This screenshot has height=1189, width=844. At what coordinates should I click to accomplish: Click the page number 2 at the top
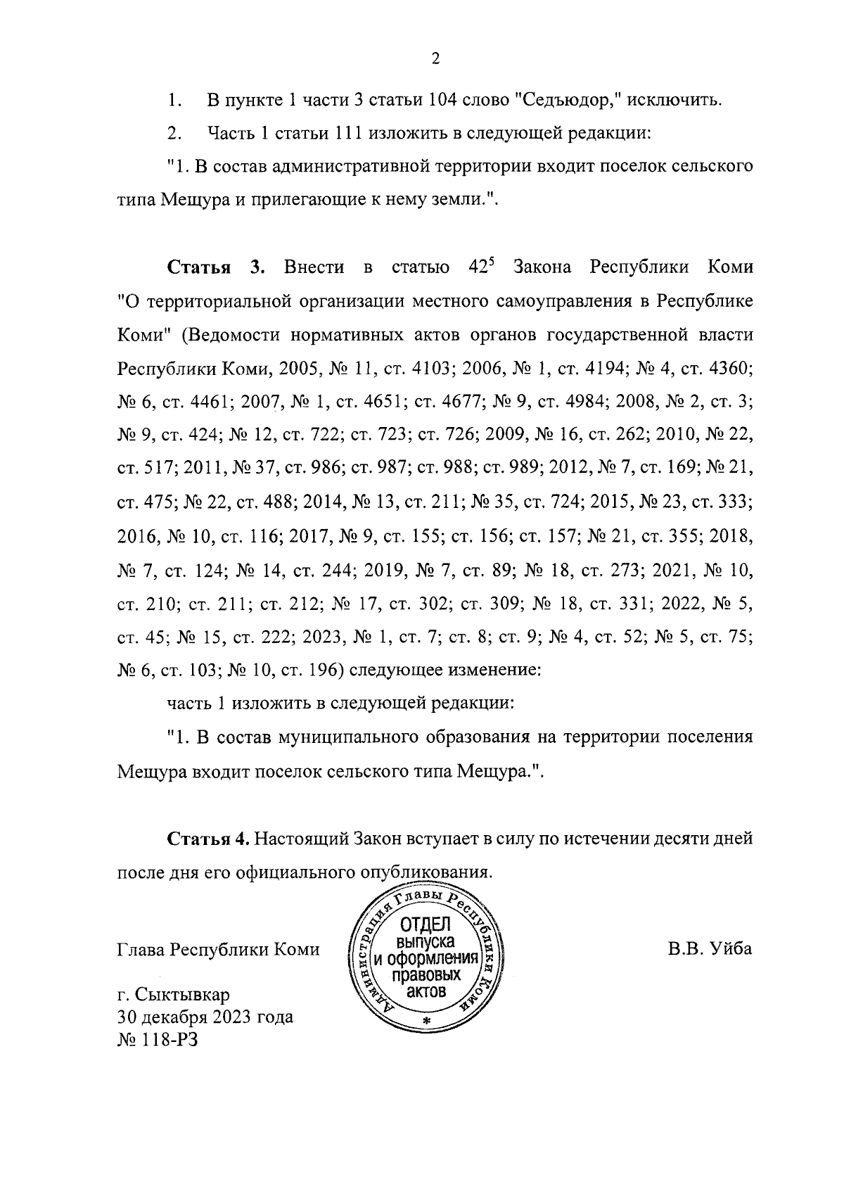pos(435,60)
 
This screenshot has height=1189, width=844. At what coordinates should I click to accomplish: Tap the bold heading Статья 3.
pos(215,268)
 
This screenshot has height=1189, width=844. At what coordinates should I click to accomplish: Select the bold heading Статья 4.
pos(208,839)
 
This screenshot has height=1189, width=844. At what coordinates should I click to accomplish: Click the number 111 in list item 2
pos(348,133)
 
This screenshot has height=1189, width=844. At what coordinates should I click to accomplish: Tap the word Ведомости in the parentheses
pos(229,335)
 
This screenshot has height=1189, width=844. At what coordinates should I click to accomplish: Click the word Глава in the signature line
pos(140,950)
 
